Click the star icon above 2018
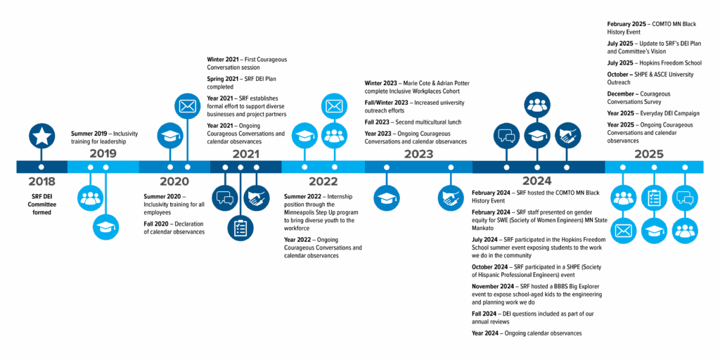[41, 136]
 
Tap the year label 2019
[103, 153]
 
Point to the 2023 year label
[418, 153]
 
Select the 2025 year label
[649, 153]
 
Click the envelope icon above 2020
[187, 106]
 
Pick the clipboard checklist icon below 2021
[240, 227]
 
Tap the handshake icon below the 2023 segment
[451, 198]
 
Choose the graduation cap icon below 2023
[387, 198]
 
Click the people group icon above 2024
[537, 105]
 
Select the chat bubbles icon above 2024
[506, 135]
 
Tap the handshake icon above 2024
[567, 135]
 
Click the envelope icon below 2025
[623, 230]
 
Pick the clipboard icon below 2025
[654, 198]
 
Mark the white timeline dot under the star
[41, 167]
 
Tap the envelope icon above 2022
[334, 106]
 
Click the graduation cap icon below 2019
[106, 226]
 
